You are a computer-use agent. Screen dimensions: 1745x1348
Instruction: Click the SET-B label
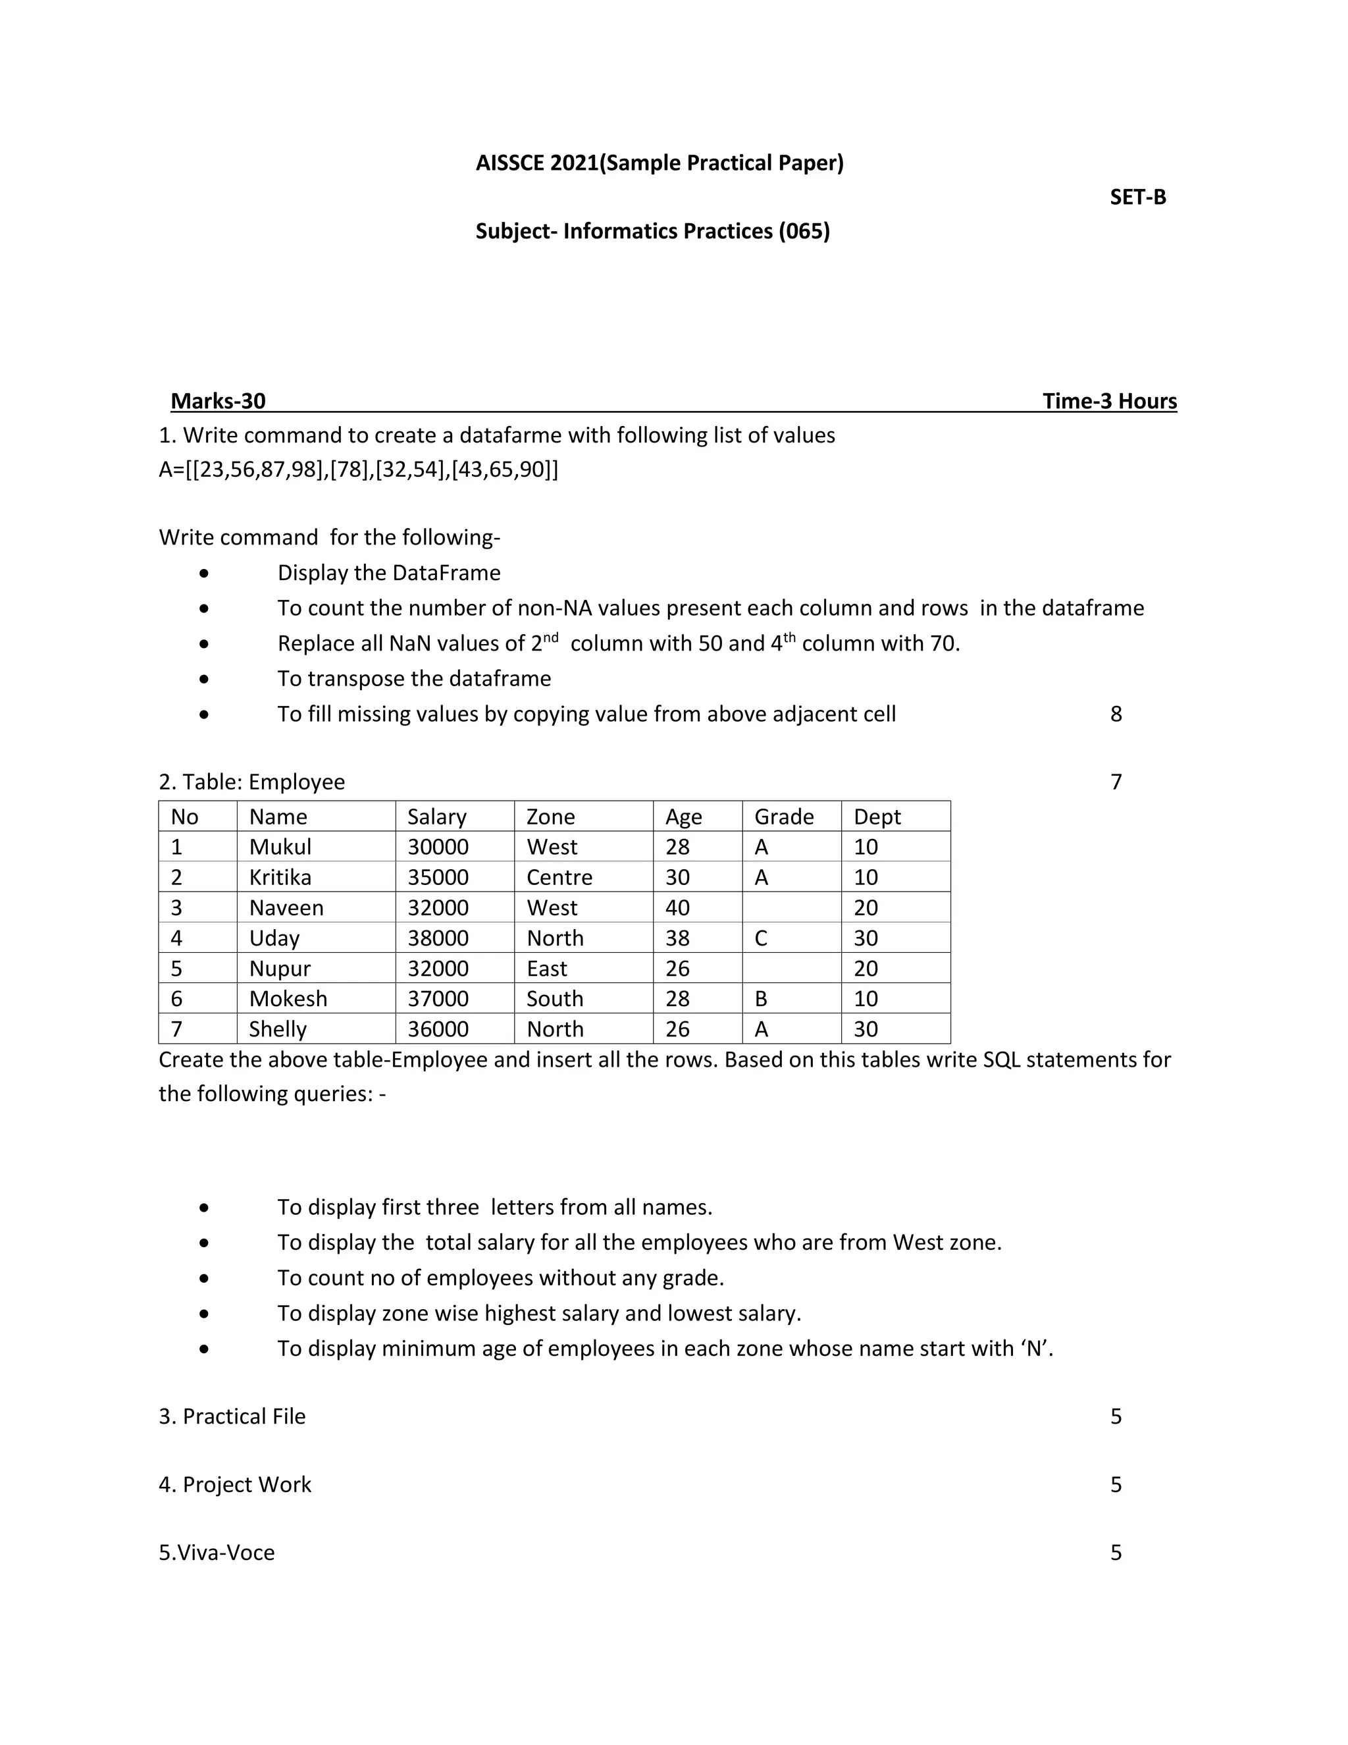(1137, 198)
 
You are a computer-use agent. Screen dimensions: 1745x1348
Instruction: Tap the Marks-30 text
(218, 401)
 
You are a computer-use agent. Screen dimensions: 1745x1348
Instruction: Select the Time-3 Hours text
(1109, 401)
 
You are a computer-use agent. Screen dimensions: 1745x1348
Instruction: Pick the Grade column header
(783, 817)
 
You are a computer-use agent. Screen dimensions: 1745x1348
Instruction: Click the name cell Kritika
(280, 877)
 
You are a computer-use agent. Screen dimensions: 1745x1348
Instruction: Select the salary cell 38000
(438, 938)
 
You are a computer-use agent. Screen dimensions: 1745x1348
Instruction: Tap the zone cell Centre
(559, 877)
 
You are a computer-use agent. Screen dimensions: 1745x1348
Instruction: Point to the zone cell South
(554, 999)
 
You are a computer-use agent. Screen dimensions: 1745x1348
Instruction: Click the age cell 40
(677, 907)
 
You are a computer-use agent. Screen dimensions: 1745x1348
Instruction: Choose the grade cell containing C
(760, 938)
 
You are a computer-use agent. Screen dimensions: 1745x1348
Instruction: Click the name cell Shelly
(277, 1029)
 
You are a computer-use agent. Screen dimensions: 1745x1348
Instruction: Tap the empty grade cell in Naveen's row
(791, 907)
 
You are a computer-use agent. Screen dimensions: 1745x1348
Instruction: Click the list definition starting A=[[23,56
(359, 469)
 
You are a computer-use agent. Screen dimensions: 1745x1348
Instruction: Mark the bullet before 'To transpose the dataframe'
(205, 679)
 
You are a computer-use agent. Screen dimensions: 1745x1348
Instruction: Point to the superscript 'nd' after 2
(550, 637)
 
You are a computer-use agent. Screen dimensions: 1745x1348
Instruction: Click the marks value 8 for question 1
(1116, 714)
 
